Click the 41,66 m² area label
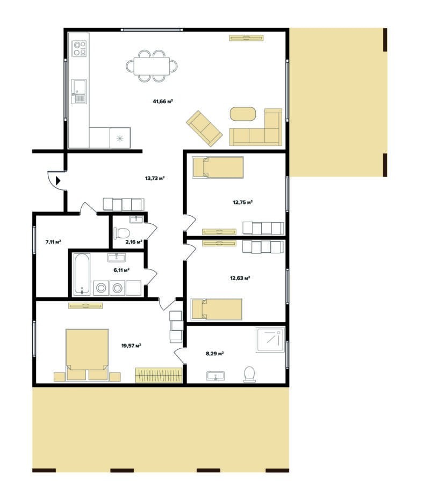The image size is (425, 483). coord(163,101)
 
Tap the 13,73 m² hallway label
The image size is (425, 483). coord(155,178)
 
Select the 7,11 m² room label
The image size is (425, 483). coord(53,242)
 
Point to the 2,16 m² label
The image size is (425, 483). coord(134,242)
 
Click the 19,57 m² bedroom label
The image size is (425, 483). coord(131,346)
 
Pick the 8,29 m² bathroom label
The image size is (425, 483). coord(215,354)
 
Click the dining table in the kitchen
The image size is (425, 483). coord(152,66)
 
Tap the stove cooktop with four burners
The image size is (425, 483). coord(80,49)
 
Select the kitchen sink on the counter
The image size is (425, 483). coord(79,91)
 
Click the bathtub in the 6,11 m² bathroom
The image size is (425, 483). coord(82,274)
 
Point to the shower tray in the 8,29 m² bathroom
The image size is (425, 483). coord(270,340)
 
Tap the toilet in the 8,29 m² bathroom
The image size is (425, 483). coord(249,374)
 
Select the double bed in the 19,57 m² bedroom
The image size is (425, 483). coord(87,354)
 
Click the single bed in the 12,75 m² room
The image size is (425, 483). coord(218,167)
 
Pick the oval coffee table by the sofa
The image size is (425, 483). coord(243,114)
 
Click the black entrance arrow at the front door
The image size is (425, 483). coord(57,180)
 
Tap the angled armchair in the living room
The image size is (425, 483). coord(204,128)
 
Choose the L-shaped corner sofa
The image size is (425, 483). coord(256,127)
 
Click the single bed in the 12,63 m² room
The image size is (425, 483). coord(217,309)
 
